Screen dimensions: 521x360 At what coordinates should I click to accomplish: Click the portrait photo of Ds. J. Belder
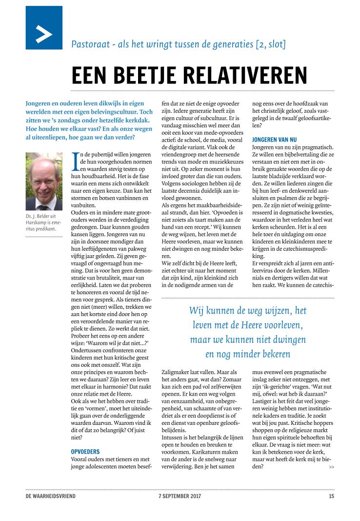[44, 181]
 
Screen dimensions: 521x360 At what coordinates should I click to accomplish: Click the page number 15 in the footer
[331, 496]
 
